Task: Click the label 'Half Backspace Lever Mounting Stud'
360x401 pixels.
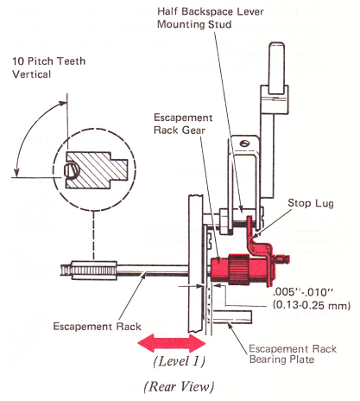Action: tap(211, 18)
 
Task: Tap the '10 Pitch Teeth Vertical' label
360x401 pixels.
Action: tap(48, 67)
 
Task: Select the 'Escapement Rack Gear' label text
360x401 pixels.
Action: tap(183, 124)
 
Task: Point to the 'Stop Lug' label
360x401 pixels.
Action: tap(311, 203)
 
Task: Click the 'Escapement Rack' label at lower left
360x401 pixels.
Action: tap(98, 327)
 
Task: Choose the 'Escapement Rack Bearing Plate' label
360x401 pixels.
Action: tap(293, 354)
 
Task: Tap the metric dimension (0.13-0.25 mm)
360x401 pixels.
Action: tap(312, 305)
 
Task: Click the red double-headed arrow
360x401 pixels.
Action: tap(172, 343)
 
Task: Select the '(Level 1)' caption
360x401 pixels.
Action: tap(180, 361)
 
